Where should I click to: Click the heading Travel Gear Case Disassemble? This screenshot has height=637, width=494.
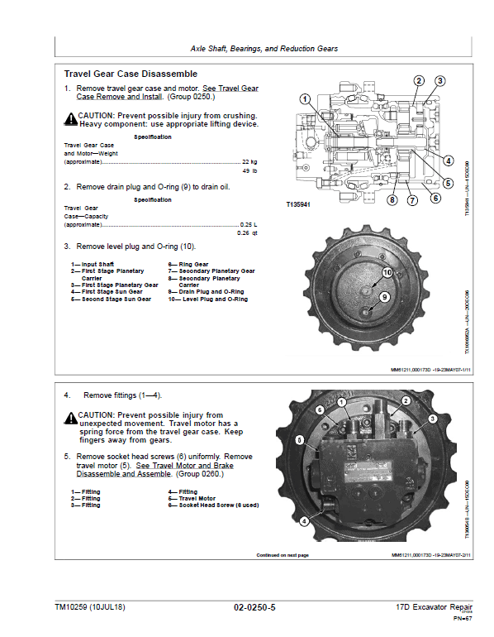131,74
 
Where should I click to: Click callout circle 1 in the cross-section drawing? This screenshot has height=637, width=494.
304,98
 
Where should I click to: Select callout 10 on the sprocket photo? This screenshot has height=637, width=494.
387,272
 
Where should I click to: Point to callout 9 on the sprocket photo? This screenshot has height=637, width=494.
384,297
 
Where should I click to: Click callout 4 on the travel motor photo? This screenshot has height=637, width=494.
304,521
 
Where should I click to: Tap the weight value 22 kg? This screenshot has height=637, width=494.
248,161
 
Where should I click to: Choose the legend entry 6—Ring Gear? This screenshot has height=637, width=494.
188,264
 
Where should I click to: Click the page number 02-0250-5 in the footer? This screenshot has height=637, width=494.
254,607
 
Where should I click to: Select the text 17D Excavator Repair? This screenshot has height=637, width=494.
428,607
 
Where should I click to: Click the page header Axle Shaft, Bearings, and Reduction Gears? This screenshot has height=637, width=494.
264,49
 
